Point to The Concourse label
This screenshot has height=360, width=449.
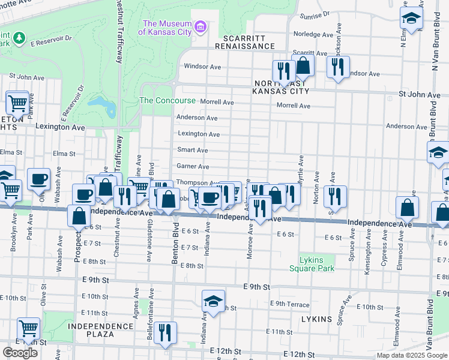(167, 101)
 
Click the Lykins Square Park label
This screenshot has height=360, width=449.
(317, 264)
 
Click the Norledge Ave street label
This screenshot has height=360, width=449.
(313, 34)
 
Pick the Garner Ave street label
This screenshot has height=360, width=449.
(193, 166)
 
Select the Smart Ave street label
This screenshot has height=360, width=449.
(193, 150)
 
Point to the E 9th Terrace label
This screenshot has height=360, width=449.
(290, 304)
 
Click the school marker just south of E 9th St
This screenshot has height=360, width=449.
(213, 302)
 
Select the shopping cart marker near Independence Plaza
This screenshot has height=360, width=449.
(28, 328)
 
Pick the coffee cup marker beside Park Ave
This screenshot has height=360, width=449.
(38, 178)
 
